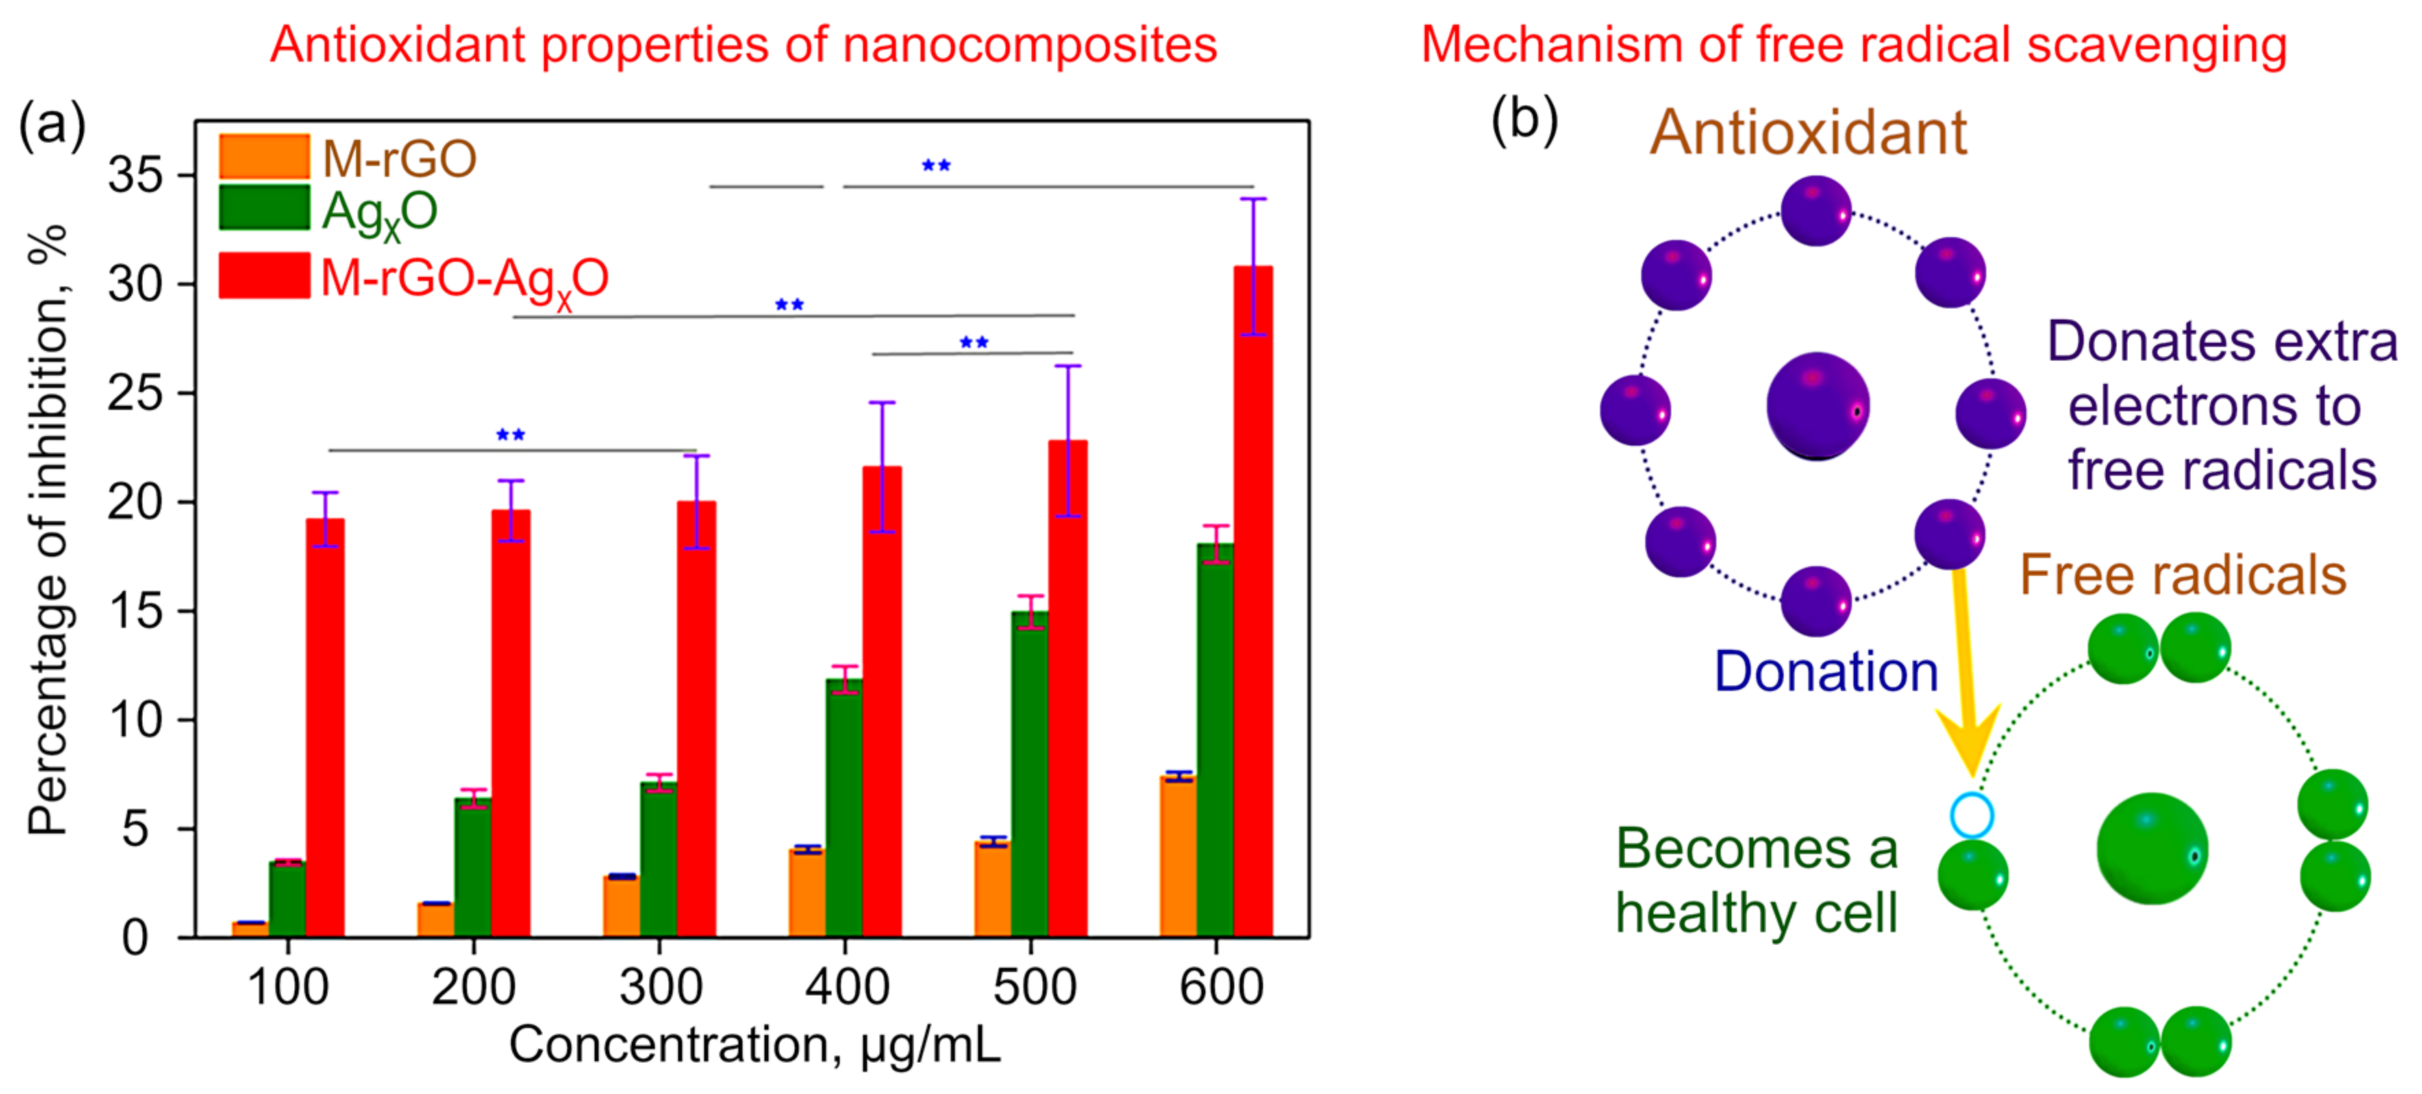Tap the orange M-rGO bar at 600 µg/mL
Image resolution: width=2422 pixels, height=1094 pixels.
click(x=1177, y=856)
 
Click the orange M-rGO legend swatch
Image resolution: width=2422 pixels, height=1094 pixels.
click(x=264, y=157)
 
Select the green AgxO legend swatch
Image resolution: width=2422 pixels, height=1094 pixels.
click(x=264, y=208)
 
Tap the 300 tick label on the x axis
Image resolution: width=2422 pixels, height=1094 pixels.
click(x=660, y=988)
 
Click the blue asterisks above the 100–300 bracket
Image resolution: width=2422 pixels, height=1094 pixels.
click(x=510, y=435)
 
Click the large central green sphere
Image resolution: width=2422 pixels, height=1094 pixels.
click(x=2152, y=849)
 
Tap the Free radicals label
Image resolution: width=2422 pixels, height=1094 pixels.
click(x=2182, y=574)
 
